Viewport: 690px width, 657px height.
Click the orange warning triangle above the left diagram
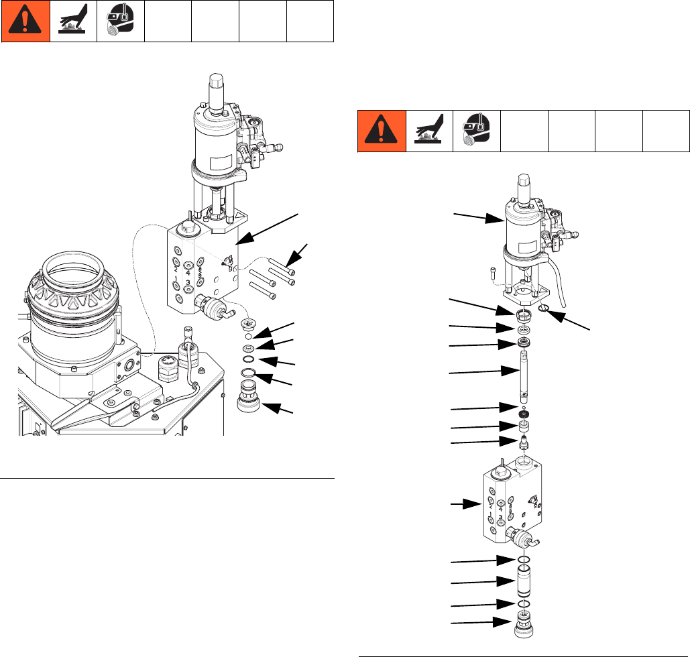pyautogui.click(x=25, y=21)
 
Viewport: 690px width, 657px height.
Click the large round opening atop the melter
pyautogui.click(x=73, y=272)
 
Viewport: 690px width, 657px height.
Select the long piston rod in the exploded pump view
pyautogui.click(x=524, y=377)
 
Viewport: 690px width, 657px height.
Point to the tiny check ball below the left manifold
pyautogui.click(x=248, y=337)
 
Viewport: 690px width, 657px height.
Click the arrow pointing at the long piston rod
pyautogui.click(x=484, y=372)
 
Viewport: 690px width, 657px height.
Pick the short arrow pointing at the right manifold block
pyautogui.click(x=466, y=504)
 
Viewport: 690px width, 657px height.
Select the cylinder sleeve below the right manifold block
pyautogui.click(x=524, y=581)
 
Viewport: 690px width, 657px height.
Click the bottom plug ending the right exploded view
pyautogui.click(x=524, y=625)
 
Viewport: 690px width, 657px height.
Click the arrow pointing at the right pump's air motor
pyautogui.click(x=479, y=217)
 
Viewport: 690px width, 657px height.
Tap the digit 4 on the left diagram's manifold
pyautogui.click(x=188, y=272)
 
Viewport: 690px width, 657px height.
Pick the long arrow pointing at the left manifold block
pyautogui.click(x=267, y=229)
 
